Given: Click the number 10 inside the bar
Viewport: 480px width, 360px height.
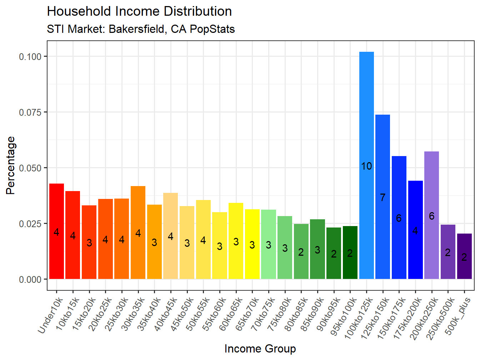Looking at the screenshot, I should tap(366, 166).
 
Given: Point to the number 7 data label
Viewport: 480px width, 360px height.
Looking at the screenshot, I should tap(382, 197).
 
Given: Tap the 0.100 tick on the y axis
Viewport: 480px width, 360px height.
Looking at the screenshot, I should tap(30, 56).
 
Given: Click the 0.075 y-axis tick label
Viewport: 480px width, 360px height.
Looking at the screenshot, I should tap(30, 112).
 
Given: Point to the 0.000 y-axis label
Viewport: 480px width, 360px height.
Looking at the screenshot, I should tap(30, 279).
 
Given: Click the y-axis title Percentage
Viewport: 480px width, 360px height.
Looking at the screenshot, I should tap(11, 165).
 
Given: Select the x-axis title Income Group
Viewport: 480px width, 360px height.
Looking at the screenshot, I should tap(260, 349).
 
